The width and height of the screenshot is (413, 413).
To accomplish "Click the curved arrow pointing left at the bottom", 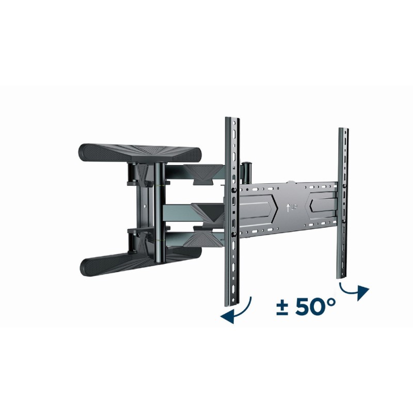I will point(239,311).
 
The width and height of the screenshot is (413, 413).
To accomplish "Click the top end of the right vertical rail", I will point(343,130).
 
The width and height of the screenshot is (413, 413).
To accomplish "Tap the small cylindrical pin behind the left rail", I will point(247,171).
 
